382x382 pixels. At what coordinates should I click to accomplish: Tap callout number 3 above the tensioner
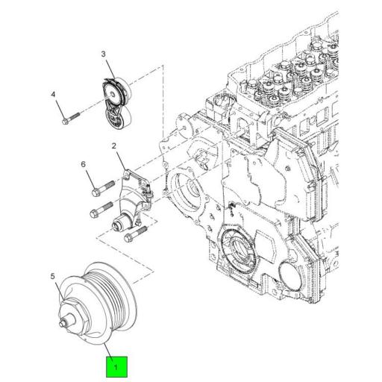tap(104, 54)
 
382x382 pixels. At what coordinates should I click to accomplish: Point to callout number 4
tap(53, 95)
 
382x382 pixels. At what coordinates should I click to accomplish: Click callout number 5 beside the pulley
tap(53, 277)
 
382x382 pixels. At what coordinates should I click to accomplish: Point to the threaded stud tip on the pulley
tap(62, 323)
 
